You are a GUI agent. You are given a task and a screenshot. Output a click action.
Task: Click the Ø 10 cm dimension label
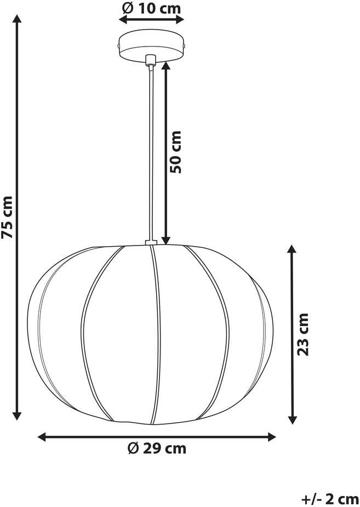point(152,8)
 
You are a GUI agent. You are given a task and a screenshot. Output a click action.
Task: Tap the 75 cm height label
point(7,217)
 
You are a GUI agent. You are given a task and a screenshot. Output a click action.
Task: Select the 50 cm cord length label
point(176,152)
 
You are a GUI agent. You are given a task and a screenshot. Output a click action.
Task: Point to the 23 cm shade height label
point(303,334)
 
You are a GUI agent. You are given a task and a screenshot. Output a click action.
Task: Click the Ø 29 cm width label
point(157,448)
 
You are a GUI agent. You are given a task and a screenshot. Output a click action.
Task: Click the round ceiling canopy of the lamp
point(152,46)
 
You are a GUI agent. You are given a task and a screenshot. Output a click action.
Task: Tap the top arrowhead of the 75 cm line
point(17,19)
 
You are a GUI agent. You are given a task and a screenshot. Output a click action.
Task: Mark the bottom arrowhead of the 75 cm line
point(17,415)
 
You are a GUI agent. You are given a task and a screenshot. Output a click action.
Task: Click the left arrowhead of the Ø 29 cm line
point(43,437)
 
